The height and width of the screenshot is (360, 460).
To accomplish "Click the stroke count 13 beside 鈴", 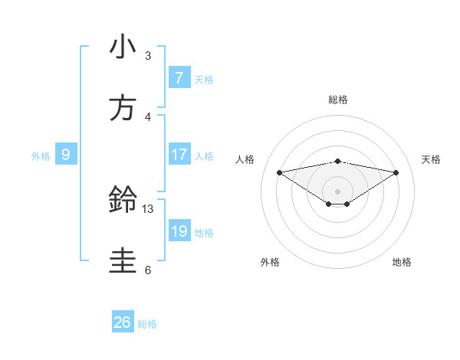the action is coord(148,208).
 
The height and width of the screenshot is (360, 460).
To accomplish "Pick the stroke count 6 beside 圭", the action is coord(148,270).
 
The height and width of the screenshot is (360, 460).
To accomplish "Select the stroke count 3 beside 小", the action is coord(148,55).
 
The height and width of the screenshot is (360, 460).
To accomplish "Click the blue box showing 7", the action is coord(179,78).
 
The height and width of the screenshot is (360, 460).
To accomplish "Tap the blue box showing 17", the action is coord(179,155).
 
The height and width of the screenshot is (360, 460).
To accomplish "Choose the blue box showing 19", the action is coord(179,231).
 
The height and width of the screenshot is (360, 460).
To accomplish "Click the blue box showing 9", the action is coord(66,155).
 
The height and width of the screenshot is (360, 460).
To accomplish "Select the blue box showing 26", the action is coord(123,322).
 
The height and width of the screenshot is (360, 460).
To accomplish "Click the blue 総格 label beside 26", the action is coord(147,324).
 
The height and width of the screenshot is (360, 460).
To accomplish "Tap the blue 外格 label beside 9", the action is coord(41,156).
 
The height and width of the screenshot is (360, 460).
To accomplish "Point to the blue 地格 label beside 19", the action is coord(204,233).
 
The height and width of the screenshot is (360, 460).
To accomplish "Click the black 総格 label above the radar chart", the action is coord(337,100).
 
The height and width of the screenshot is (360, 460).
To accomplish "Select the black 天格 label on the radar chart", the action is coord(431,159).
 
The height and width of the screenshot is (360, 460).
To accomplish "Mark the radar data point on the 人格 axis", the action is coord(279,172).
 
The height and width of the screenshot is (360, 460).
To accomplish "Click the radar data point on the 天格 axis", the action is coord(396,172).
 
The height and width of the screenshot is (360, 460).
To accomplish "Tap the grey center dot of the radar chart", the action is coord(337,191).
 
